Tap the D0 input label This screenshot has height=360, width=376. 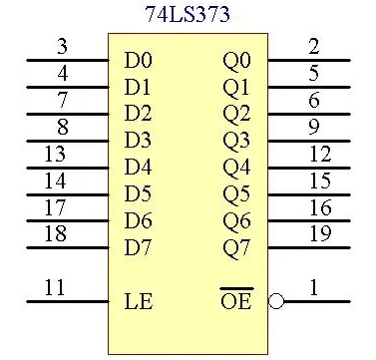[138, 60]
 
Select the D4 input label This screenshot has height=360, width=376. [138, 167]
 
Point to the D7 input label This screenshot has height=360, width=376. [138, 246]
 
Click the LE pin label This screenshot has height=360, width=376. [138, 299]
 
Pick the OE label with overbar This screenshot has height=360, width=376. [236, 300]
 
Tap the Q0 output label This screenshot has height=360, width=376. [236, 60]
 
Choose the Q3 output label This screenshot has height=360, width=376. [236, 140]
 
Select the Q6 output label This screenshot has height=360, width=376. [236, 219]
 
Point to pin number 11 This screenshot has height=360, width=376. [55, 288]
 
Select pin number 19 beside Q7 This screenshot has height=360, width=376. [319, 234]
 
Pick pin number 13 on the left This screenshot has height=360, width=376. [55, 154]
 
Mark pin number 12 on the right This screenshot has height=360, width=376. [319, 154]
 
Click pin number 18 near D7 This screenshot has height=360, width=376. [55, 234]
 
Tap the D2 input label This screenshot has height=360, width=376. [138, 113]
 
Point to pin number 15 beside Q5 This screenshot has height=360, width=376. [319, 180]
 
